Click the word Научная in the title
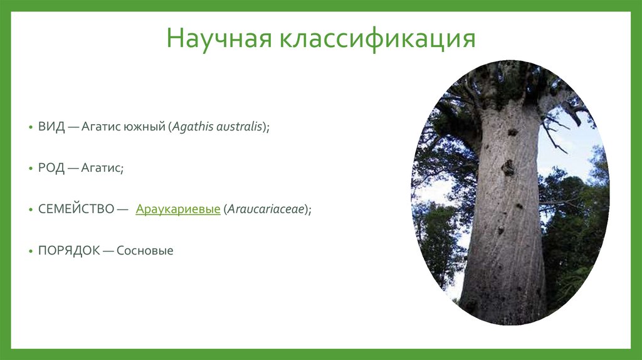tap(219, 39)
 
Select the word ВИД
tap(51, 127)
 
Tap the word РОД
tap(51, 168)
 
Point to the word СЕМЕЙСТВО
tap(76, 209)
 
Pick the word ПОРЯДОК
tap(69, 250)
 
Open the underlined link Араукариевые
tap(177, 209)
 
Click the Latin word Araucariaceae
tap(266, 209)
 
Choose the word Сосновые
tap(145, 250)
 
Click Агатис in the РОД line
tap(101, 168)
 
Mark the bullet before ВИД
tap(31, 127)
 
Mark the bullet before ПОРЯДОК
tap(31, 251)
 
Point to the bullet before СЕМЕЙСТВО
tap(31, 209)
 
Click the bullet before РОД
tap(31, 168)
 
